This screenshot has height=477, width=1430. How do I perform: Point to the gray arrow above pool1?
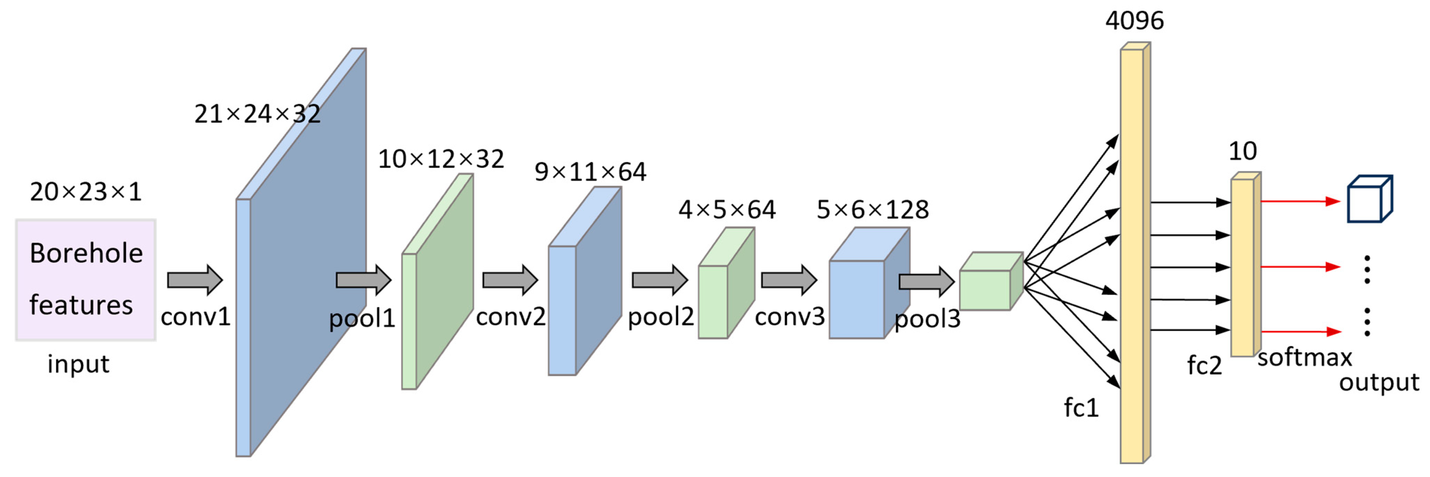364,280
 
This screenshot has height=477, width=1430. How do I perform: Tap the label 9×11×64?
590,172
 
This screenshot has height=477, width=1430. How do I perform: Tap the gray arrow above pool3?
926,282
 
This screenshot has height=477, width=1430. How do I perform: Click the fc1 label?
1081,408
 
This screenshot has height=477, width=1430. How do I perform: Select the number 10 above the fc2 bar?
1242,151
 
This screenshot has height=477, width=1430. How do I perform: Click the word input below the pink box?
78,364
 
